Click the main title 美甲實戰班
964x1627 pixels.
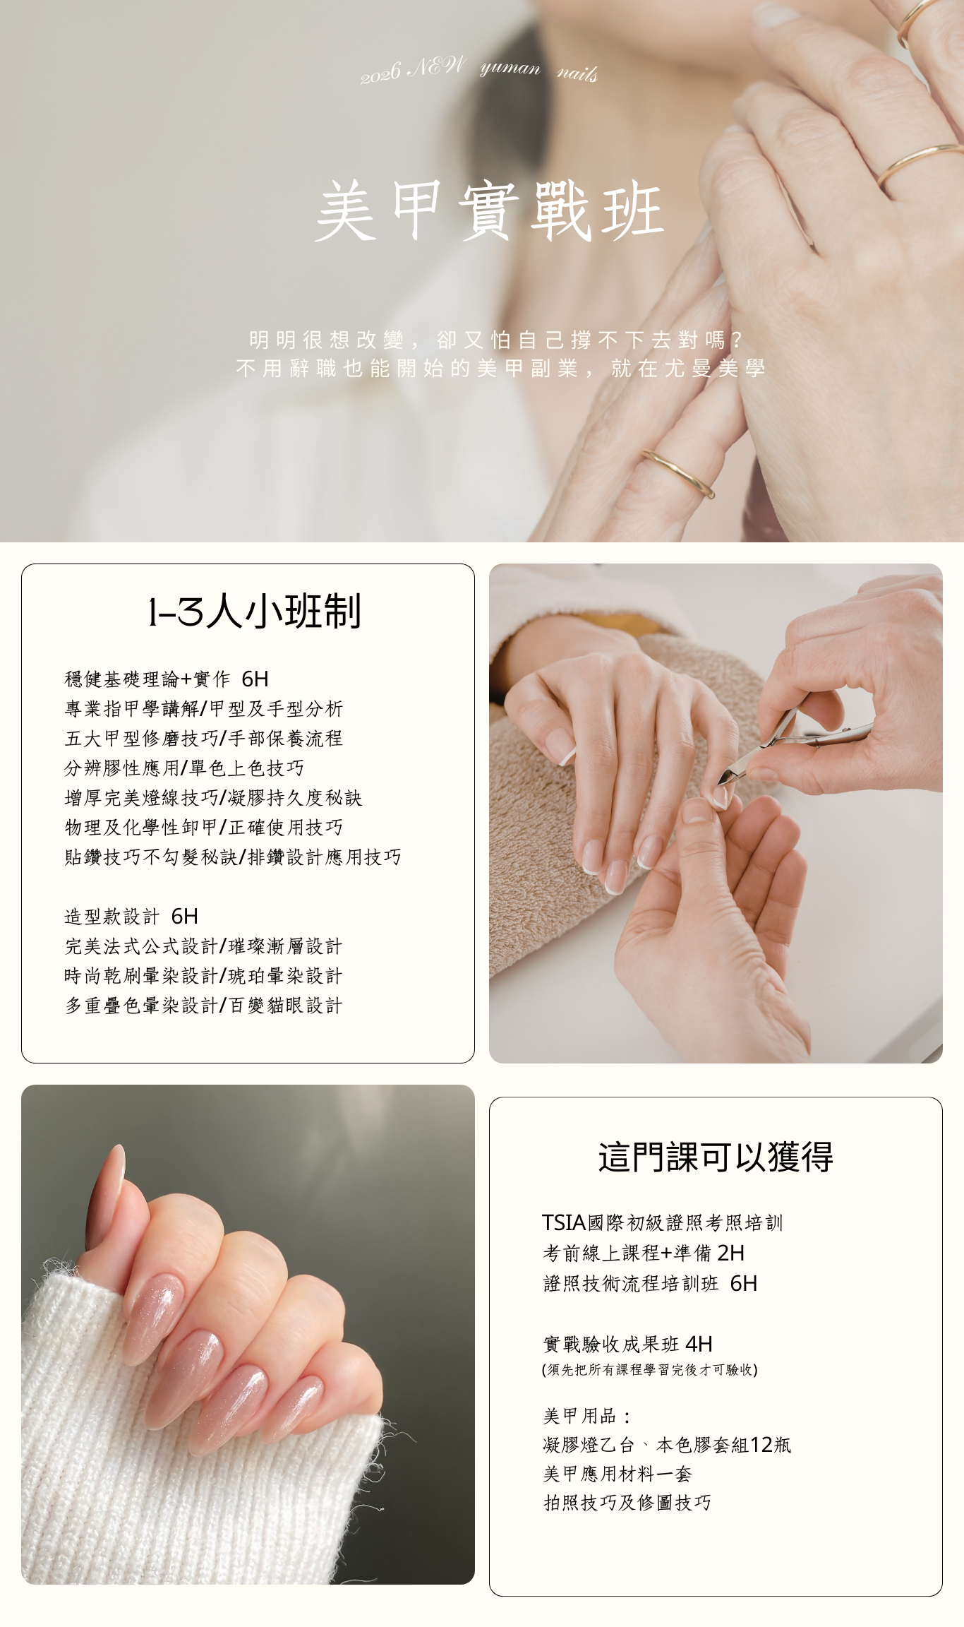pos(490,210)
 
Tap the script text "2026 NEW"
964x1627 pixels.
pos(414,70)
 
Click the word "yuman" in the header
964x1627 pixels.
pos(510,68)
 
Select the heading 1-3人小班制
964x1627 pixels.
pos(255,611)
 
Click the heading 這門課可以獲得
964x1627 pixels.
pos(716,1157)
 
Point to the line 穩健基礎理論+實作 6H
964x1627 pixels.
pos(167,679)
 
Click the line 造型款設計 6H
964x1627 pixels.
pos(131,916)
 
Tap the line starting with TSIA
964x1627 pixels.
pos(663,1222)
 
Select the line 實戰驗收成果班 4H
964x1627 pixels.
pos(627,1343)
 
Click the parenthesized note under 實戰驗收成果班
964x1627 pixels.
pos(650,1370)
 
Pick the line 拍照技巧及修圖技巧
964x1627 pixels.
pos(627,1502)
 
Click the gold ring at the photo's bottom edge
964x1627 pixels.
pos(678,472)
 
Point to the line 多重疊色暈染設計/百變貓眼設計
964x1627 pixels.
pos(203,1005)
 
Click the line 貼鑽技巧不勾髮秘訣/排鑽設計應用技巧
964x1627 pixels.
pos(233,857)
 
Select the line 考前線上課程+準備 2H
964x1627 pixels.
pos(643,1253)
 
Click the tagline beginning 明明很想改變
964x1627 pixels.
pos(496,340)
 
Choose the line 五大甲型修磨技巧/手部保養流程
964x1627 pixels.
pos(203,738)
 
